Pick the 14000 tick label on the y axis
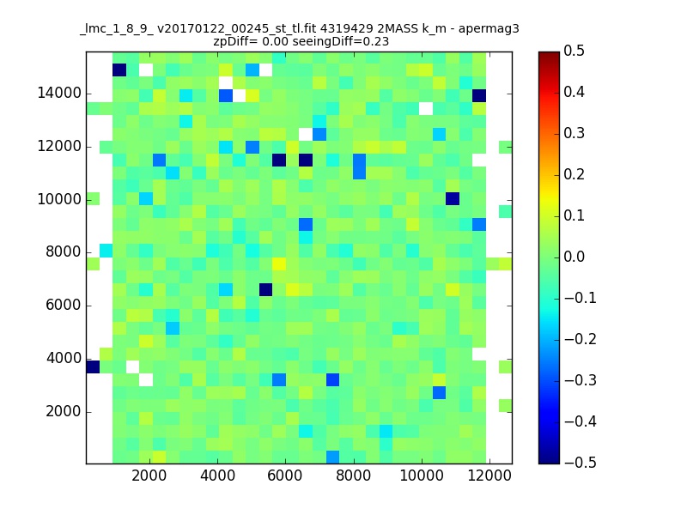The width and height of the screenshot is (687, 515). coord(59,94)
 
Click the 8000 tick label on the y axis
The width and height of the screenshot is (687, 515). coord(64,251)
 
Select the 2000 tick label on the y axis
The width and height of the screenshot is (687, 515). coord(64,411)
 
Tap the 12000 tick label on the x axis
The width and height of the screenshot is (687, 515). coord(489,476)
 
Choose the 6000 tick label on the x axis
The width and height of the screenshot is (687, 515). coord(285,476)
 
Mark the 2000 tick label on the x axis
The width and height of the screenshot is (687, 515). coord(149,476)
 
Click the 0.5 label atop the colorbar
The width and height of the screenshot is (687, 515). coord(574,51)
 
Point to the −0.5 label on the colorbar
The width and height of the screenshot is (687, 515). coord(581,463)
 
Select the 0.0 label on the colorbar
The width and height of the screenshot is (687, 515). coord(574,257)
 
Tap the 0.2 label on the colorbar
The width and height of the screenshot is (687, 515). coord(574,174)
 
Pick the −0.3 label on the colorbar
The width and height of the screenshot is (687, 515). coord(581,380)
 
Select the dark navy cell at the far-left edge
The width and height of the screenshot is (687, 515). coord(93,367)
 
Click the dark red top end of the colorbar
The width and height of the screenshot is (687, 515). coord(549,55)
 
